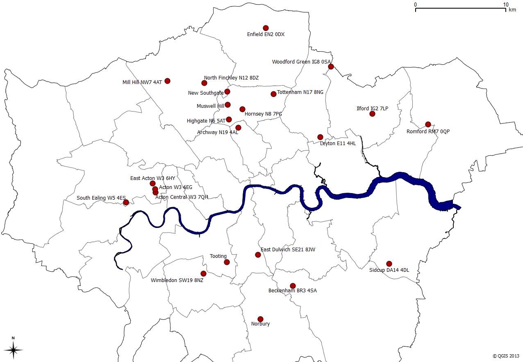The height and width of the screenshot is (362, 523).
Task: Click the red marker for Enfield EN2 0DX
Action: [x=266, y=28]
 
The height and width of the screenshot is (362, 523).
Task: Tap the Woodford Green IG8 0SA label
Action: [x=301, y=62]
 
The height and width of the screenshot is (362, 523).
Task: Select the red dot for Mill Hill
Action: [x=167, y=81]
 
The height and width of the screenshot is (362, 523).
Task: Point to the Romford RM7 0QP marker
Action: [x=428, y=124]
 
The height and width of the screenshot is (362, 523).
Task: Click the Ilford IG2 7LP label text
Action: [x=372, y=109]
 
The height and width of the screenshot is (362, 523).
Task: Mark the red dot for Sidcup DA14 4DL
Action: [x=389, y=264]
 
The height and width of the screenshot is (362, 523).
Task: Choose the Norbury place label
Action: [x=260, y=324]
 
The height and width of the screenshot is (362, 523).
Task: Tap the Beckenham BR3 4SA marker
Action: [x=293, y=286]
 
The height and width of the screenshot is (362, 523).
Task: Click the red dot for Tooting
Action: [x=227, y=262]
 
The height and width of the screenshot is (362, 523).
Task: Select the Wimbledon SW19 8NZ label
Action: [x=177, y=280]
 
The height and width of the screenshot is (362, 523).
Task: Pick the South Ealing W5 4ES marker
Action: [x=126, y=202]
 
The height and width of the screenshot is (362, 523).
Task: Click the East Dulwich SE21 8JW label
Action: [x=288, y=249]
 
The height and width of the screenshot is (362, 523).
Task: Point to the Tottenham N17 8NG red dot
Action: [x=273, y=94]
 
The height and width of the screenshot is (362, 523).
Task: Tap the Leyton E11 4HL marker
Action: [x=320, y=137]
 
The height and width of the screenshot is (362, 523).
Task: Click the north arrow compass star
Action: [x=13, y=350]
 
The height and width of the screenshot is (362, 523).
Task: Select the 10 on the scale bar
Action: [x=506, y=5]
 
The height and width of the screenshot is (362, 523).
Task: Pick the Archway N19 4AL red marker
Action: [x=238, y=127]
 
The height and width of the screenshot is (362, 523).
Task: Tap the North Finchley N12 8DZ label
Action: [x=231, y=78]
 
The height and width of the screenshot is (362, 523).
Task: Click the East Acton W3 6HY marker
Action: [x=152, y=183]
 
